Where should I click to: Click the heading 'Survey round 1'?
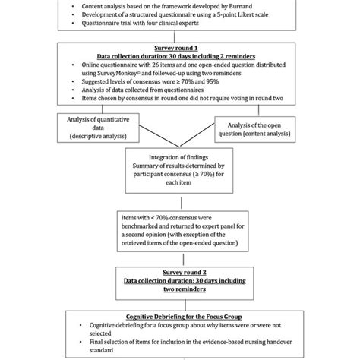point(180,47)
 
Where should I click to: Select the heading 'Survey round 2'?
point(180,271)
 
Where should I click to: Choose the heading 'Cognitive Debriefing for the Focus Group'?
point(180,315)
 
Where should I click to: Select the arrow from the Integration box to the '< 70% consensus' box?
point(180,199)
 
